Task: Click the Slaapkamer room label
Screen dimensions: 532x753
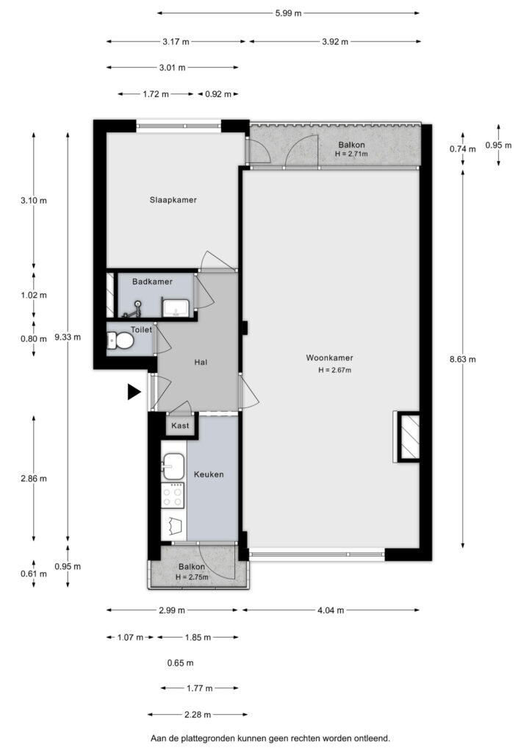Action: tap(173, 200)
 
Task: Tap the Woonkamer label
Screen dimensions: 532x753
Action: tap(330, 358)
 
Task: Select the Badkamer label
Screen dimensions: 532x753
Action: tap(153, 282)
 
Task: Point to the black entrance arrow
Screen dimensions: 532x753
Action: tap(134, 392)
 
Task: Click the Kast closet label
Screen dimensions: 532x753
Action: tap(180, 426)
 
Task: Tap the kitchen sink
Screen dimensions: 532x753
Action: tap(173, 466)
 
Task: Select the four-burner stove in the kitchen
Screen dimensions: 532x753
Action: tap(173, 495)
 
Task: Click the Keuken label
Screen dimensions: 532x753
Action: tap(209, 474)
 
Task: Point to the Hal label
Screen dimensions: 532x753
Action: tap(201, 362)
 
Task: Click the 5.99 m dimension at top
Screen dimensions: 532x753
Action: tap(288, 13)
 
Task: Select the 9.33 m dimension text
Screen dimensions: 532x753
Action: tap(68, 337)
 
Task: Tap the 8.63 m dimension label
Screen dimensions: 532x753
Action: tap(462, 359)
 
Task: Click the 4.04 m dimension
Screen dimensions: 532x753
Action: tap(331, 610)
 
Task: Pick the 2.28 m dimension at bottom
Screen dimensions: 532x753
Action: tap(198, 715)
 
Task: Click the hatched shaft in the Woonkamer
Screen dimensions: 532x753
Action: tap(410, 437)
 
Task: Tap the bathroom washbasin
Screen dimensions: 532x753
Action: tap(176, 308)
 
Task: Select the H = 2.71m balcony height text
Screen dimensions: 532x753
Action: tap(352, 154)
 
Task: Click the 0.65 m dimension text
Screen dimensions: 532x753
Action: tap(180, 663)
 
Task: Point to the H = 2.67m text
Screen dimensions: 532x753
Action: tap(335, 371)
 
